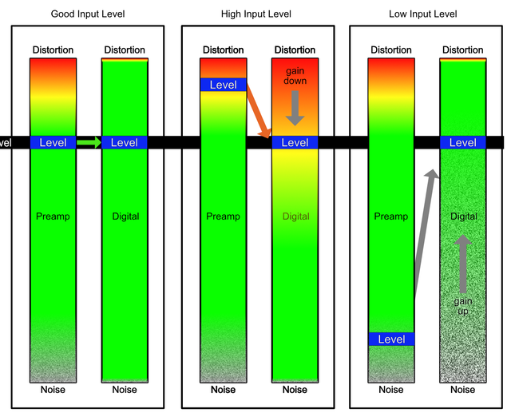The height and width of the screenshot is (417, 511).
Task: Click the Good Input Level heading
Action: click(x=88, y=14)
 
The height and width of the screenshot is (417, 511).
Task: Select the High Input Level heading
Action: click(x=256, y=14)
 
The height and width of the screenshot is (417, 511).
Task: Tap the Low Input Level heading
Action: click(x=423, y=14)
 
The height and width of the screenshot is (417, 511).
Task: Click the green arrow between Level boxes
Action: click(x=89, y=142)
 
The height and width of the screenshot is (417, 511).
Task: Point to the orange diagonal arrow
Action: click(x=257, y=112)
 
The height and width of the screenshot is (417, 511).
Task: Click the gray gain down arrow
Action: click(x=295, y=107)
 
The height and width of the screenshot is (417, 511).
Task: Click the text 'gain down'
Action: click(x=295, y=77)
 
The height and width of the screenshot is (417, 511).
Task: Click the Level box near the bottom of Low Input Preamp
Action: click(x=391, y=340)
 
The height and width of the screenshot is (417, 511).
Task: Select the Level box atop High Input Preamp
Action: click(x=223, y=85)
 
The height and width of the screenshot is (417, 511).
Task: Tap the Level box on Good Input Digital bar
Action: click(x=125, y=142)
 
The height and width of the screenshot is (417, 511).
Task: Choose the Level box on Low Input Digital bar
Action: click(x=463, y=142)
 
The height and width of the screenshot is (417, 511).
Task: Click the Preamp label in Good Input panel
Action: click(x=53, y=216)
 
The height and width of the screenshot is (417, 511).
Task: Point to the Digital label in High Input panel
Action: click(x=295, y=216)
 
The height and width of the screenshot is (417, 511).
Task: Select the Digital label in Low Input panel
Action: click(x=463, y=216)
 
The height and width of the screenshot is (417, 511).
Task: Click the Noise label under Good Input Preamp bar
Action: click(x=53, y=390)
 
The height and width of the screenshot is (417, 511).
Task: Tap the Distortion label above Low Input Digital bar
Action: click(x=463, y=50)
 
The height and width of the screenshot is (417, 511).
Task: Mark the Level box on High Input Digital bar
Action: click(x=295, y=142)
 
